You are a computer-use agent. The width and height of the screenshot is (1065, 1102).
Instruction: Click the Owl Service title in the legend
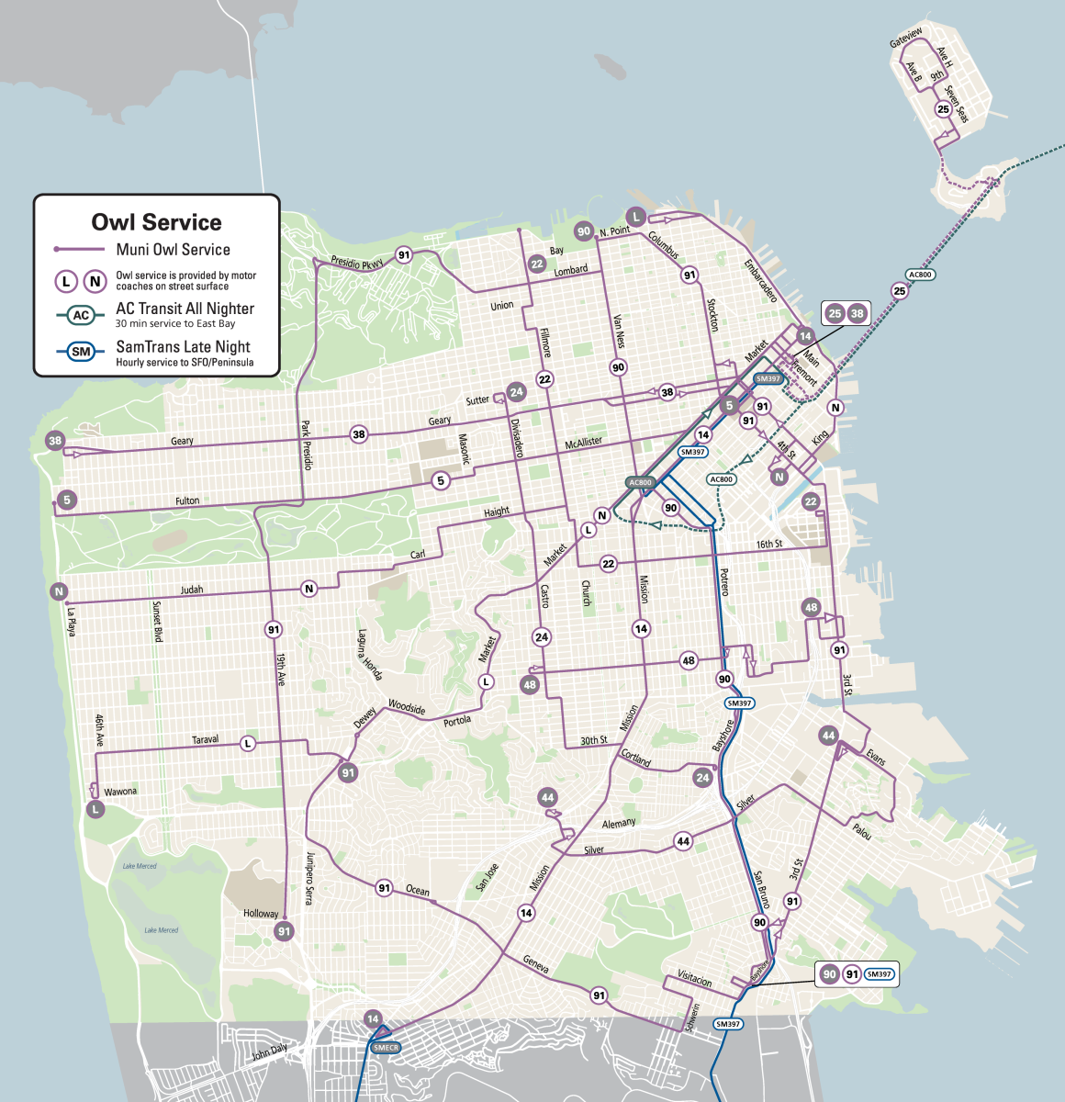pos(156,222)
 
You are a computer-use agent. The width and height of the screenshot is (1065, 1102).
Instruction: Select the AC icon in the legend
pos(81,315)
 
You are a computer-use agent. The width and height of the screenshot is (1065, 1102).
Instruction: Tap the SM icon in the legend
pos(81,352)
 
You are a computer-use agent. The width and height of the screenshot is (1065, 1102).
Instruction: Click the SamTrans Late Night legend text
pos(183,347)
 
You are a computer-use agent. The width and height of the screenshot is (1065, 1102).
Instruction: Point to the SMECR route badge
pos(386,1048)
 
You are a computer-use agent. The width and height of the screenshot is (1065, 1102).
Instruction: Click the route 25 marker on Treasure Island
pos(943,109)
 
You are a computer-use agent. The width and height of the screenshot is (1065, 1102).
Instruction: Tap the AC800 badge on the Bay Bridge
pos(920,275)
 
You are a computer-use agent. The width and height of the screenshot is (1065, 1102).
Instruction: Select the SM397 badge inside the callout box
pos(879,974)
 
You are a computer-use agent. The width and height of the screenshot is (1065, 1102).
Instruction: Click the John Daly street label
pos(270,1052)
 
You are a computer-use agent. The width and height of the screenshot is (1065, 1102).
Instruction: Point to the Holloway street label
pos(261,914)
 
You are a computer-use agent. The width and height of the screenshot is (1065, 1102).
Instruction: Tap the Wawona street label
pos(120,792)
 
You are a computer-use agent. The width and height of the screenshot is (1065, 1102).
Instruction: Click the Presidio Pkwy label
pos(357,264)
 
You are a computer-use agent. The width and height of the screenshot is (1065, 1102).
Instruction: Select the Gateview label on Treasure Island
pos(906,38)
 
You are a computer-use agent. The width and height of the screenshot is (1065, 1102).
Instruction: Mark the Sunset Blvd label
pos(157,622)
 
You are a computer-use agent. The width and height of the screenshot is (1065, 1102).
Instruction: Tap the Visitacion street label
pos(695,979)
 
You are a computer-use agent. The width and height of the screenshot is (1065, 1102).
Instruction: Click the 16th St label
pos(769,545)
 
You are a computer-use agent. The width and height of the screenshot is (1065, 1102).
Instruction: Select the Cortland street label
pos(636,759)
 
